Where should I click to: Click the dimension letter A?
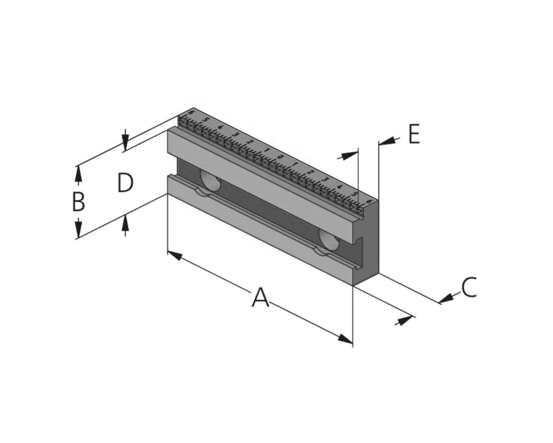pyautogui.click(x=261, y=298)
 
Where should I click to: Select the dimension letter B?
pyautogui.click(x=78, y=202)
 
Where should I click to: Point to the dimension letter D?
pyautogui.click(x=125, y=183)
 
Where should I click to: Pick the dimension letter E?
pyautogui.click(x=414, y=134)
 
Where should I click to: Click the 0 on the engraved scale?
pyautogui.click(x=281, y=157)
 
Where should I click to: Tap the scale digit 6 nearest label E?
pyautogui.click(x=369, y=201)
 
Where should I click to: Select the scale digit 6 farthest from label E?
pyautogui.click(x=191, y=112)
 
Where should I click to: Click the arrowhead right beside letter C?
pyautogui.click(x=446, y=299)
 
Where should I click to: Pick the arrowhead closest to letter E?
pyautogui.click(x=387, y=141)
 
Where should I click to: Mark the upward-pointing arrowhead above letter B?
pyautogui.click(x=78, y=174)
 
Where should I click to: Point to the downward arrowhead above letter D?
pyautogui.click(x=125, y=143)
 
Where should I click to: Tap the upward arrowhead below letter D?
pyautogui.click(x=125, y=223)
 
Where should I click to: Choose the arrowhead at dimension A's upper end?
pyautogui.click(x=175, y=256)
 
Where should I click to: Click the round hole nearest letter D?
pyautogui.click(x=211, y=181)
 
